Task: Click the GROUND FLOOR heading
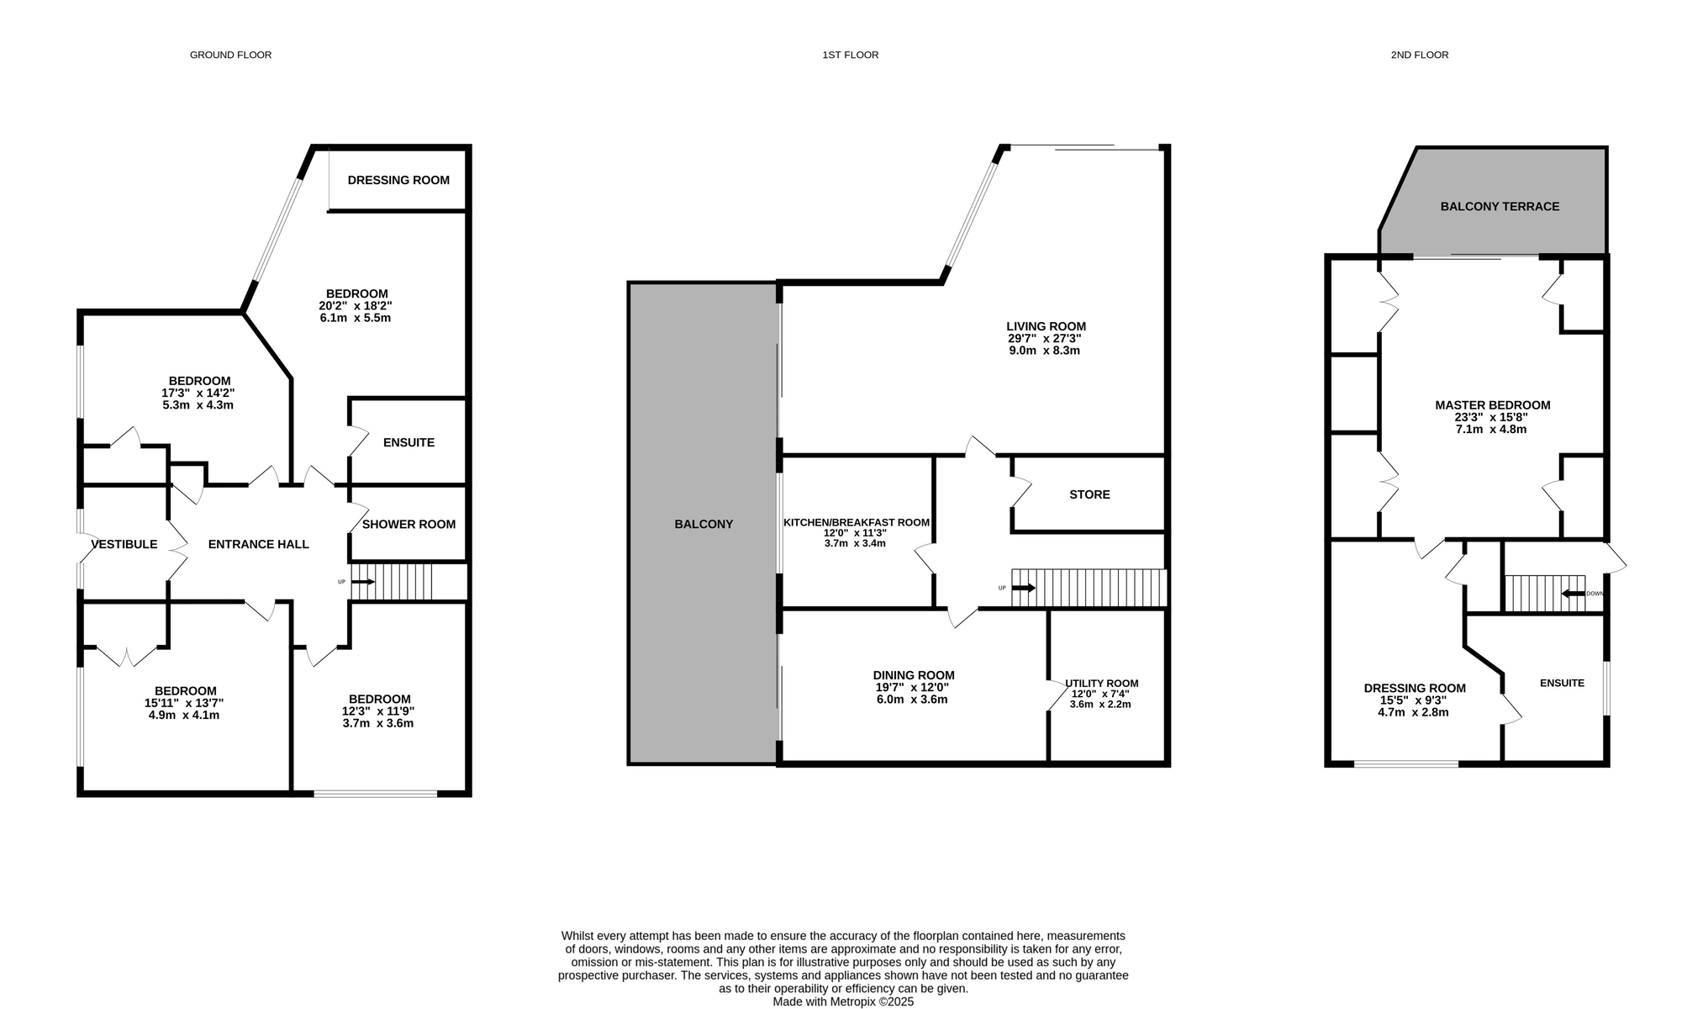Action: [x=230, y=55]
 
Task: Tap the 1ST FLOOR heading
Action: [x=850, y=55]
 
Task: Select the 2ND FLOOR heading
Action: [x=1420, y=55]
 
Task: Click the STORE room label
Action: [x=1089, y=494]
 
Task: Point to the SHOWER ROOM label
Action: [x=409, y=524]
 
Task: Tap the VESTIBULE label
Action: [x=124, y=544]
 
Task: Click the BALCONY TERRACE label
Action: [x=1500, y=206]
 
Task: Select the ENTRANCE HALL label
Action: [x=259, y=544]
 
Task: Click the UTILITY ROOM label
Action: [x=1101, y=684]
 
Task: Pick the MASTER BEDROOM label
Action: [x=1493, y=405]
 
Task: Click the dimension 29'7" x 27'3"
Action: [x=1045, y=338]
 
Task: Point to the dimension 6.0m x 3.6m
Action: [x=912, y=700]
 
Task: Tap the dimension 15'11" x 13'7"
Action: [x=184, y=703]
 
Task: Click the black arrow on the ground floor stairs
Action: [x=363, y=582]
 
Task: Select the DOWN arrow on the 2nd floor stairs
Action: [x=1574, y=594]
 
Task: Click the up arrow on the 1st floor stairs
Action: [x=1023, y=588]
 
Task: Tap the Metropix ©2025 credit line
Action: [x=843, y=1002]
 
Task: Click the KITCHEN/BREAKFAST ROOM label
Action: [x=857, y=522]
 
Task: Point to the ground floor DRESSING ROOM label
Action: [x=398, y=180]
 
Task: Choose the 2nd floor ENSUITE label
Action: [x=1562, y=683]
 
